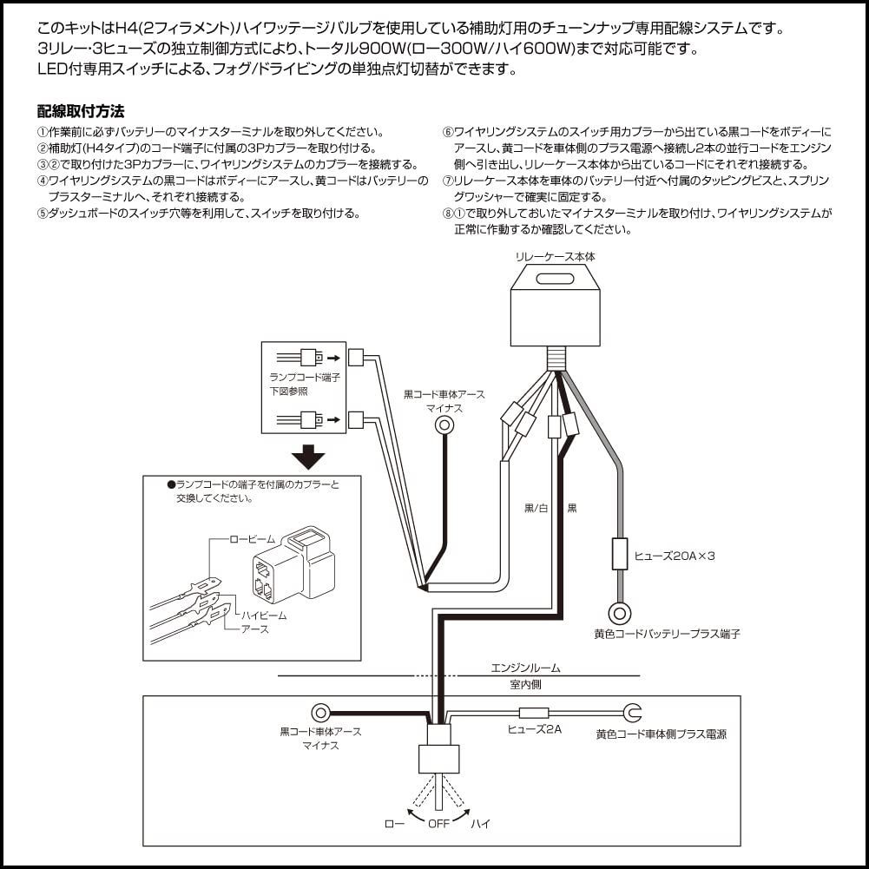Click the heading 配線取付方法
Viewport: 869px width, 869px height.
[81, 111]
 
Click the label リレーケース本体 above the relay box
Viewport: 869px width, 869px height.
[556, 257]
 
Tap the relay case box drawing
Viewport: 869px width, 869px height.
[556, 304]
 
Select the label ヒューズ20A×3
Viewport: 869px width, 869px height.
[675, 556]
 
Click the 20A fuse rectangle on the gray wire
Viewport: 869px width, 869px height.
[619, 554]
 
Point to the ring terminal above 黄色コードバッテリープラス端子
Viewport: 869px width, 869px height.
[619, 613]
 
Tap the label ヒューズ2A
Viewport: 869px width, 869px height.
[534, 729]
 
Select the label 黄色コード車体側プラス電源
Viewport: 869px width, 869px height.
[661, 734]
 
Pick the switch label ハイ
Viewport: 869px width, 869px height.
[480, 823]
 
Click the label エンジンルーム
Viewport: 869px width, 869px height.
[525, 668]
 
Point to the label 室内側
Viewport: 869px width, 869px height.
[527, 685]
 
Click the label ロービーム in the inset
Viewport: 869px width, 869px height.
[252, 539]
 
